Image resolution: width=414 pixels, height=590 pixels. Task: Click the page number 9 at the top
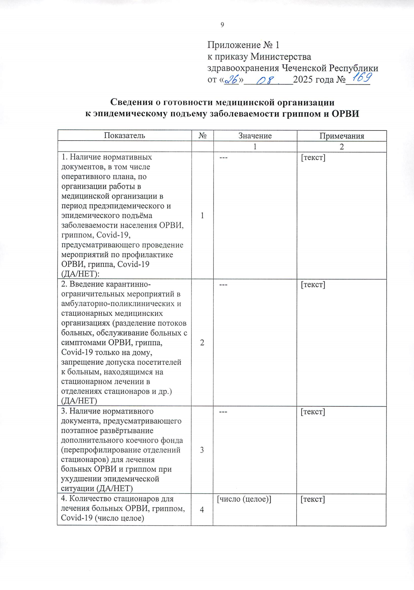point(222,25)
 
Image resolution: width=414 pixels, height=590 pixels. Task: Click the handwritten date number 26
point(232,80)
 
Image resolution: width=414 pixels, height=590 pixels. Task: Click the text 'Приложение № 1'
point(243,45)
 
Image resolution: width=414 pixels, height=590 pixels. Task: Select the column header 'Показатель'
point(125,136)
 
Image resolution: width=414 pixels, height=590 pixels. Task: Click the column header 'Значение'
point(255,136)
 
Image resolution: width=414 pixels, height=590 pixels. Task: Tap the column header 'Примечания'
point(342,136)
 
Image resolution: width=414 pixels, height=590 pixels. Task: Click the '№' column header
point(203,136)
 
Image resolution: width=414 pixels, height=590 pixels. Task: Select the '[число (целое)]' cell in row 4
point(244,499)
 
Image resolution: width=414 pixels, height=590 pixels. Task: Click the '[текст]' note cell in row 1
point(313,158)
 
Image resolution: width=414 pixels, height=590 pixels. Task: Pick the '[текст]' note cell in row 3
point(313,412)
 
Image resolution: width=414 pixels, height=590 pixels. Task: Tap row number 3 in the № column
point(202,450)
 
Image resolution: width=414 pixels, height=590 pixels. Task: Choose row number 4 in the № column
point(202,510)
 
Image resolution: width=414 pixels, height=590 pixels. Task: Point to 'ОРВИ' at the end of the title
point(345,114)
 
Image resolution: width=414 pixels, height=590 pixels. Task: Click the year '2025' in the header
point(303,80)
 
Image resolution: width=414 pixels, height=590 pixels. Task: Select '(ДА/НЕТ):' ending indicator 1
point(78,274)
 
